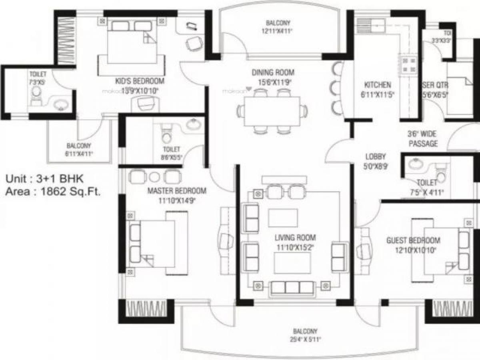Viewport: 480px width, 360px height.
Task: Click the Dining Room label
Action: (273, 72)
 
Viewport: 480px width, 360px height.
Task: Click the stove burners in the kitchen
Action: (409, 65)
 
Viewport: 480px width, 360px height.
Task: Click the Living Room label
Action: (295, 237)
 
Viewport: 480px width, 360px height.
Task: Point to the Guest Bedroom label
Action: (413, 240)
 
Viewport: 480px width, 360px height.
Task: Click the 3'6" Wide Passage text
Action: (422, 139)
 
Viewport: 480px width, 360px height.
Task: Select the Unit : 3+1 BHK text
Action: (44, 178)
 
